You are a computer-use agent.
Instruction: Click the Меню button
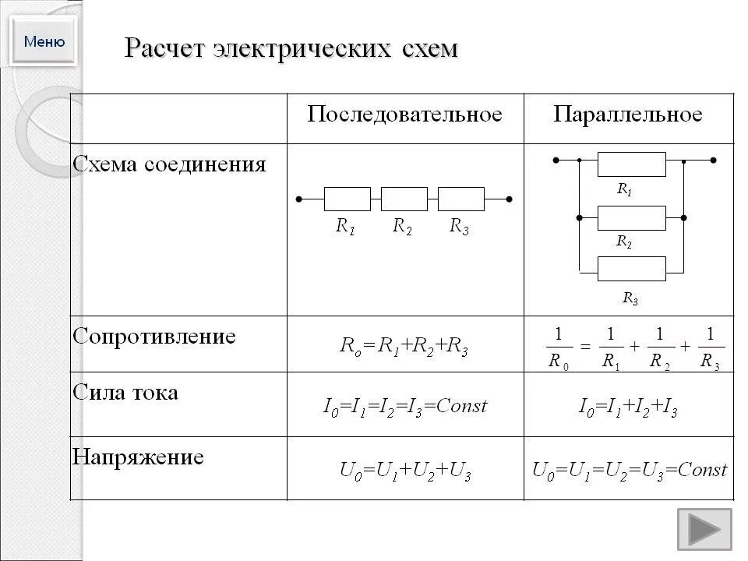(x=44, y=41)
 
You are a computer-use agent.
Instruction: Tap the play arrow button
(x=704, y=529)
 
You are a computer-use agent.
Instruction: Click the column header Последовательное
(x=404, y=115)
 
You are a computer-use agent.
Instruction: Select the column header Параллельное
(x=628, y=115)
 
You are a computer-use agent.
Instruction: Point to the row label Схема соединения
(x=169, y=164)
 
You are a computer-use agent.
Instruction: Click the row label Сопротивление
(x=154, y=337)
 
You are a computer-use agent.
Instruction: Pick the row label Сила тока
(x=125, y=392)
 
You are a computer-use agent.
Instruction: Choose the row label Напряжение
(x=138, y=457)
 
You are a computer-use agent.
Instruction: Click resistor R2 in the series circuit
(x=404, y=199)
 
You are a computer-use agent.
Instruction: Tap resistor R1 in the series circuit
(x=347, y=199)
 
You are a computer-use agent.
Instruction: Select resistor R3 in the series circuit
(x=461, y=199)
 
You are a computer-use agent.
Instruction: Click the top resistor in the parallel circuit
(x=631, y=164)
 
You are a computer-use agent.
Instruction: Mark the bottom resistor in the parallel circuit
(x=631, y=269)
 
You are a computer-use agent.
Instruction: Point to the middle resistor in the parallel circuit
(x=631, y=218)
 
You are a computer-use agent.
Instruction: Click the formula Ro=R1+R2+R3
(x=404, y=347)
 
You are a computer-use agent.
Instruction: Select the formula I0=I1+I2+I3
(x=627, y=406)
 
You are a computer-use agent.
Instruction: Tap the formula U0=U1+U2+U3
(x=405, y=470)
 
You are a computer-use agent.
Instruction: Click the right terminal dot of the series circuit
(x=509, y=199)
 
